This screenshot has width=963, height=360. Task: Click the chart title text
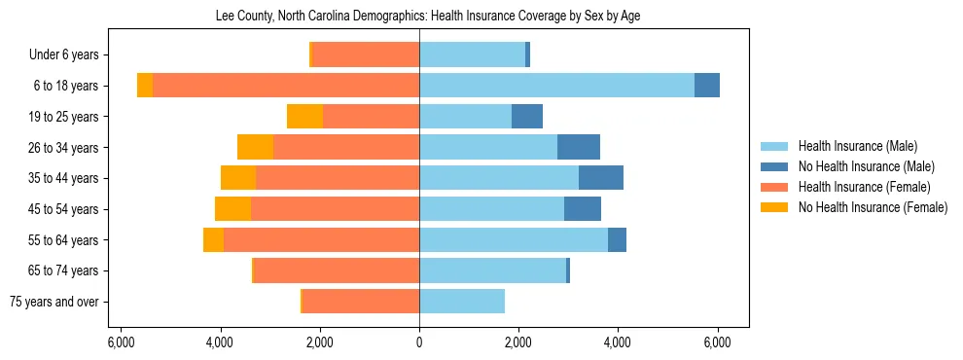click(426, 17)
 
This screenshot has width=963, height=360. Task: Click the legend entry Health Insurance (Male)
click(857, 146)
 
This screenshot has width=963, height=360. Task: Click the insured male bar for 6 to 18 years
click(556, 86)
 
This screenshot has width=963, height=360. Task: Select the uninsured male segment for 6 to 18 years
click(707, 86)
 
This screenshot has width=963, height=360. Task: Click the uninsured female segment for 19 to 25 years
click(304, 117)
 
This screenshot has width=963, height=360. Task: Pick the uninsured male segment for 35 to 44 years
click(601, 178)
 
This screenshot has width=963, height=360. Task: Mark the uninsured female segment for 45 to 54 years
click(232, 209)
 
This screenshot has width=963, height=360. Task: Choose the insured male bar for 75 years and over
click(462, 302)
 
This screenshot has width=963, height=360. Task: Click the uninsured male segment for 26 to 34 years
click(579, 148)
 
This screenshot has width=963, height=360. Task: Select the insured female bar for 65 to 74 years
click(337, 270)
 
